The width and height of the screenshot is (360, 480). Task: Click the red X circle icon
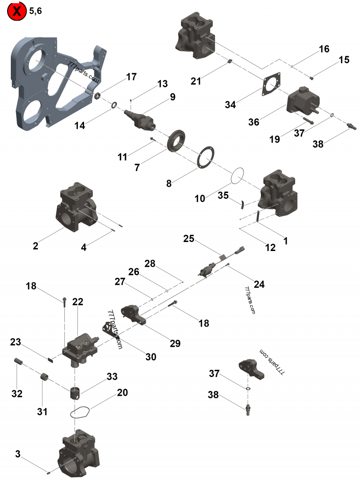[17, 12]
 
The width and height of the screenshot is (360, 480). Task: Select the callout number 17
[131, 77]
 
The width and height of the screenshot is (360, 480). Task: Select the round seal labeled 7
[177, 139]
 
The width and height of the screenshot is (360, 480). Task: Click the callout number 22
[78, 302]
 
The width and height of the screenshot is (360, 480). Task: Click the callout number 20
[122, 392]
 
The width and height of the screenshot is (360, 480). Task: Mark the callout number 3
[18, 454]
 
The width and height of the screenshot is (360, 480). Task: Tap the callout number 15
[344, 60]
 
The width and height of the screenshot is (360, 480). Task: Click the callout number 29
[175, 343]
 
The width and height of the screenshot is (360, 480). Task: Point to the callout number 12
[270, 247]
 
